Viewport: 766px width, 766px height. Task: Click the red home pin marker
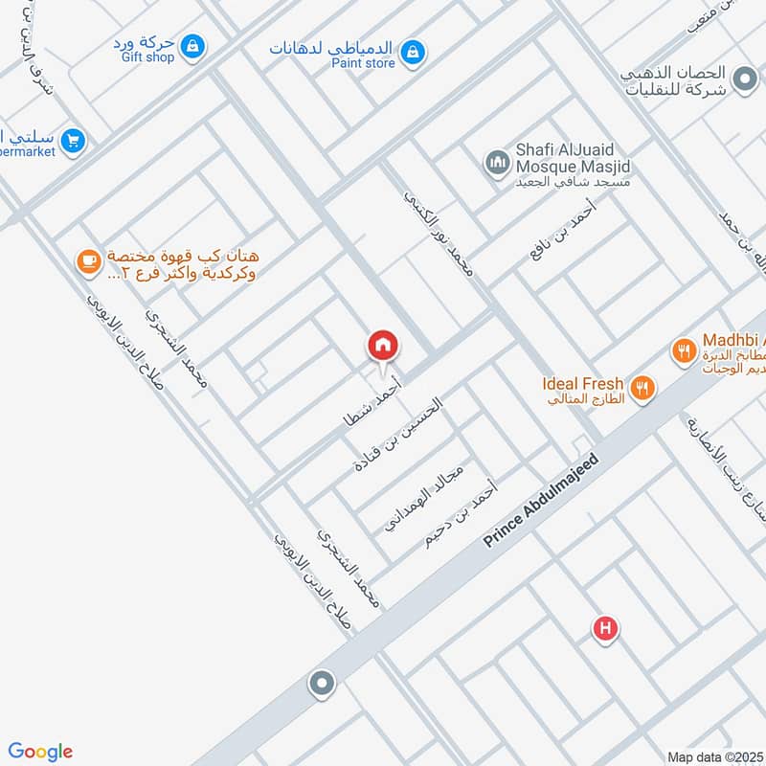click(x=383, y=346)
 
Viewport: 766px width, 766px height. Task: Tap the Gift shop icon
click(x=192, y=45)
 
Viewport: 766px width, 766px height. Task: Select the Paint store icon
click(x=413, y=51)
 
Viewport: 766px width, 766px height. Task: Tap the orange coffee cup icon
click(x=88, y=260)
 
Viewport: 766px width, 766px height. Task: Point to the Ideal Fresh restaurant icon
click(x=643, y=389)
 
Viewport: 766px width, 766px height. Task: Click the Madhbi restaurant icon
click(x=683, y=351)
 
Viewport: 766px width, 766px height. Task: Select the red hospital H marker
click(x=604, y=629)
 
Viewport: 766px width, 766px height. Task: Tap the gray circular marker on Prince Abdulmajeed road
click(x=321, y=684)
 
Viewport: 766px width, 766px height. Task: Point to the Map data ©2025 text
click(x=714, y=756)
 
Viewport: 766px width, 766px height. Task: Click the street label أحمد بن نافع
click(x=563, y=231)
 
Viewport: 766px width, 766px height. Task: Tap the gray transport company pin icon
click(x=743, y=79)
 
